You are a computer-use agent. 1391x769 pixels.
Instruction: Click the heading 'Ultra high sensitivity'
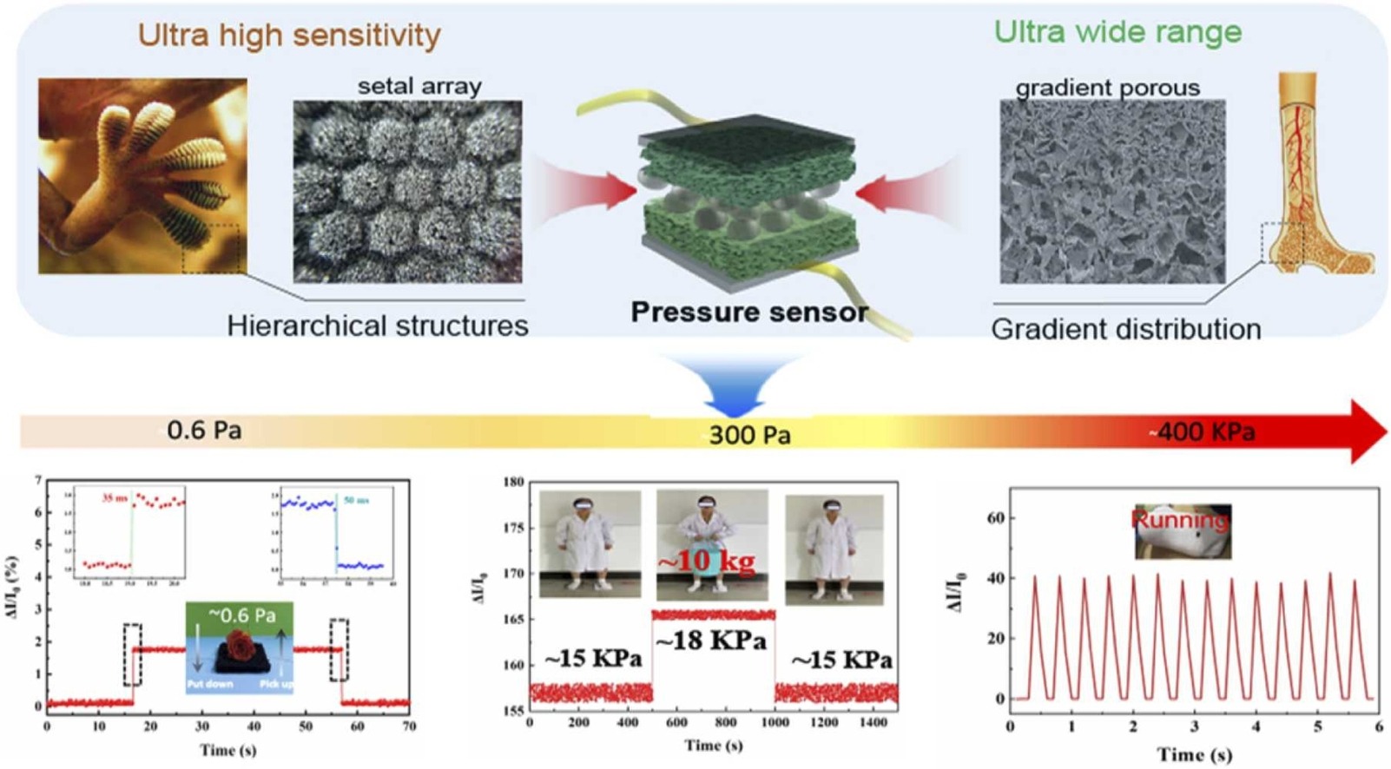[x=289, y=36]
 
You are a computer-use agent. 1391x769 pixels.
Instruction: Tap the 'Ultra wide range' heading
[x=1117, y=32]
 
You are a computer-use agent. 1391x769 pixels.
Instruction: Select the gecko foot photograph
[x=142, y=176]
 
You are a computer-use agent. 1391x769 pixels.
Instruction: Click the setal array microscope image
[x=407, y=192]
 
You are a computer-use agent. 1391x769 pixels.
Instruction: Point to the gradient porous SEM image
[x=1112, y=192]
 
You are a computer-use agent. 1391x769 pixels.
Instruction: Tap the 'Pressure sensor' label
[x=748, y=312]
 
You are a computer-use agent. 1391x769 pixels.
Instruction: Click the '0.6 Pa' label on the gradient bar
[x=204, y=430]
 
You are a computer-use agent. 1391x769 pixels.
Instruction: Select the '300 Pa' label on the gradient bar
[x=749, y=434]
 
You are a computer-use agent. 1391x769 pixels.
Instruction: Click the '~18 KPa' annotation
[x=711, y=641]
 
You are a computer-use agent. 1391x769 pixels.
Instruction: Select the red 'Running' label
[x=1180, y=520]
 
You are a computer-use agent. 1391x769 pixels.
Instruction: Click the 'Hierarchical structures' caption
[x=378, y=325]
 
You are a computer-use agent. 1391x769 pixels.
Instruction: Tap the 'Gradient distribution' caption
[x=1125, y=329]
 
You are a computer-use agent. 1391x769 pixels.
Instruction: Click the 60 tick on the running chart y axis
[x=995, y=518]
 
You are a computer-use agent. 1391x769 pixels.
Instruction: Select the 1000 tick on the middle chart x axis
[x=775, y=722]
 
